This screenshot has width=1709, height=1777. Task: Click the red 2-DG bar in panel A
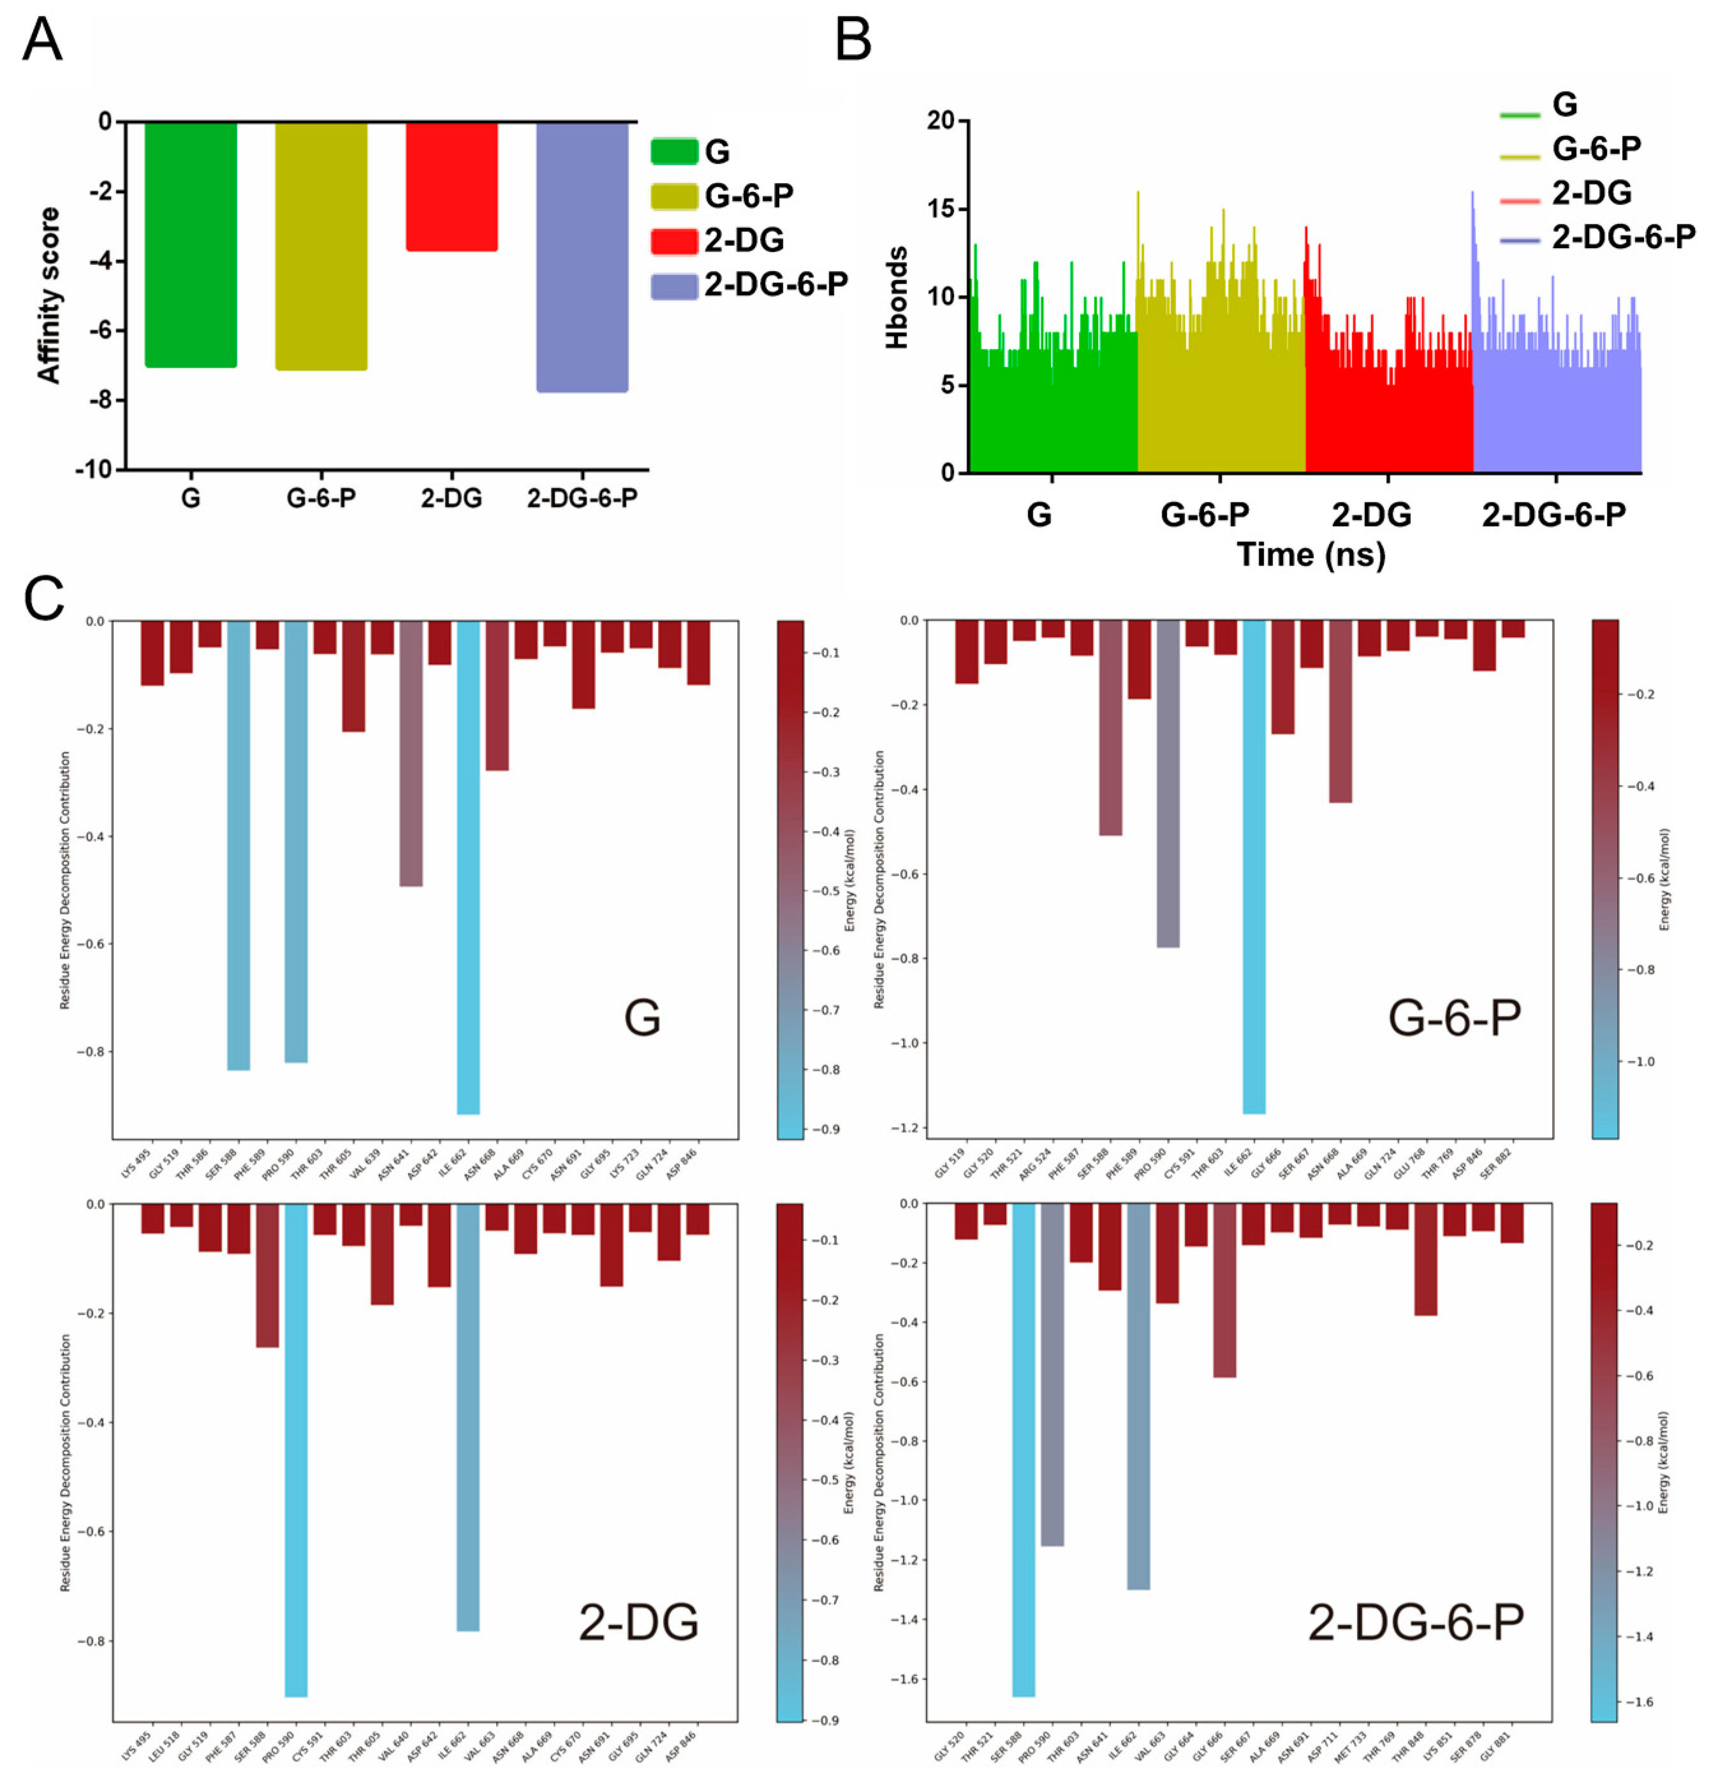451,186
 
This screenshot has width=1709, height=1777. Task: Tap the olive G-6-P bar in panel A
321,246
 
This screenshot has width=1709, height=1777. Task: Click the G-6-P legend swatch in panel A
673,196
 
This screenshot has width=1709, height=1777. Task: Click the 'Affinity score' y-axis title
48,295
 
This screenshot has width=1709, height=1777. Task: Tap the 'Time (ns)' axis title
1311,554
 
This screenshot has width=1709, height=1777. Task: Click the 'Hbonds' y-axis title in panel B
897,297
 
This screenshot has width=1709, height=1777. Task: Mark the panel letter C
43,600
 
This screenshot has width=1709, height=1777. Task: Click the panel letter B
852,41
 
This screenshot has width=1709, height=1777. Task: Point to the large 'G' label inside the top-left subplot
642,1018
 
